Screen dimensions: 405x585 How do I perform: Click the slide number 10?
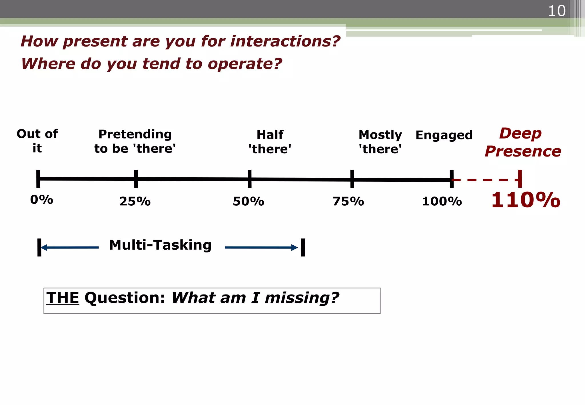(x=557, y=11)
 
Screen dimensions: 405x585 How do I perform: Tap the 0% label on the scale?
(x=42, y=200)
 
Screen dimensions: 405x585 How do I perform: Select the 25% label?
(x=135, y=201)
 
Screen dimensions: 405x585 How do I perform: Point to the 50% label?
(x=248, y=201)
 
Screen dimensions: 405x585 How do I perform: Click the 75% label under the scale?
(x=348, y=201)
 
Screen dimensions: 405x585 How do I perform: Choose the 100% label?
(x=442, y=201)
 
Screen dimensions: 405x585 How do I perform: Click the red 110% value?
(x=525, y=200)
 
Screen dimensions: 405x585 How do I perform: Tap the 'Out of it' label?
(x=37, y=141)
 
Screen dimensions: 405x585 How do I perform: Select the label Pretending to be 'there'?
(x=135, y=141)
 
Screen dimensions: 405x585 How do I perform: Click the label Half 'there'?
(x=270, y=142)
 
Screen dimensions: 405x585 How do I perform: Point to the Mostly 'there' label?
(x=380, y=142)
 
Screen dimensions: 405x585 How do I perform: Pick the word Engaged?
(x=444, y=135)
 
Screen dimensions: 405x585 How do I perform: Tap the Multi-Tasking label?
(x=160, y=245)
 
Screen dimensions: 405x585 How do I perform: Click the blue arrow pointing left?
(x=70, y=247)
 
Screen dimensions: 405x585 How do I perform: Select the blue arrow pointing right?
(x=261, y=247)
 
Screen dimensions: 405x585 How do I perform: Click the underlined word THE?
(x=63, y=298)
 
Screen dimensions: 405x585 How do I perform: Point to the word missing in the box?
(x=302, y=298)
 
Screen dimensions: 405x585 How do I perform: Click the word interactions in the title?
(x=285, y=41)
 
